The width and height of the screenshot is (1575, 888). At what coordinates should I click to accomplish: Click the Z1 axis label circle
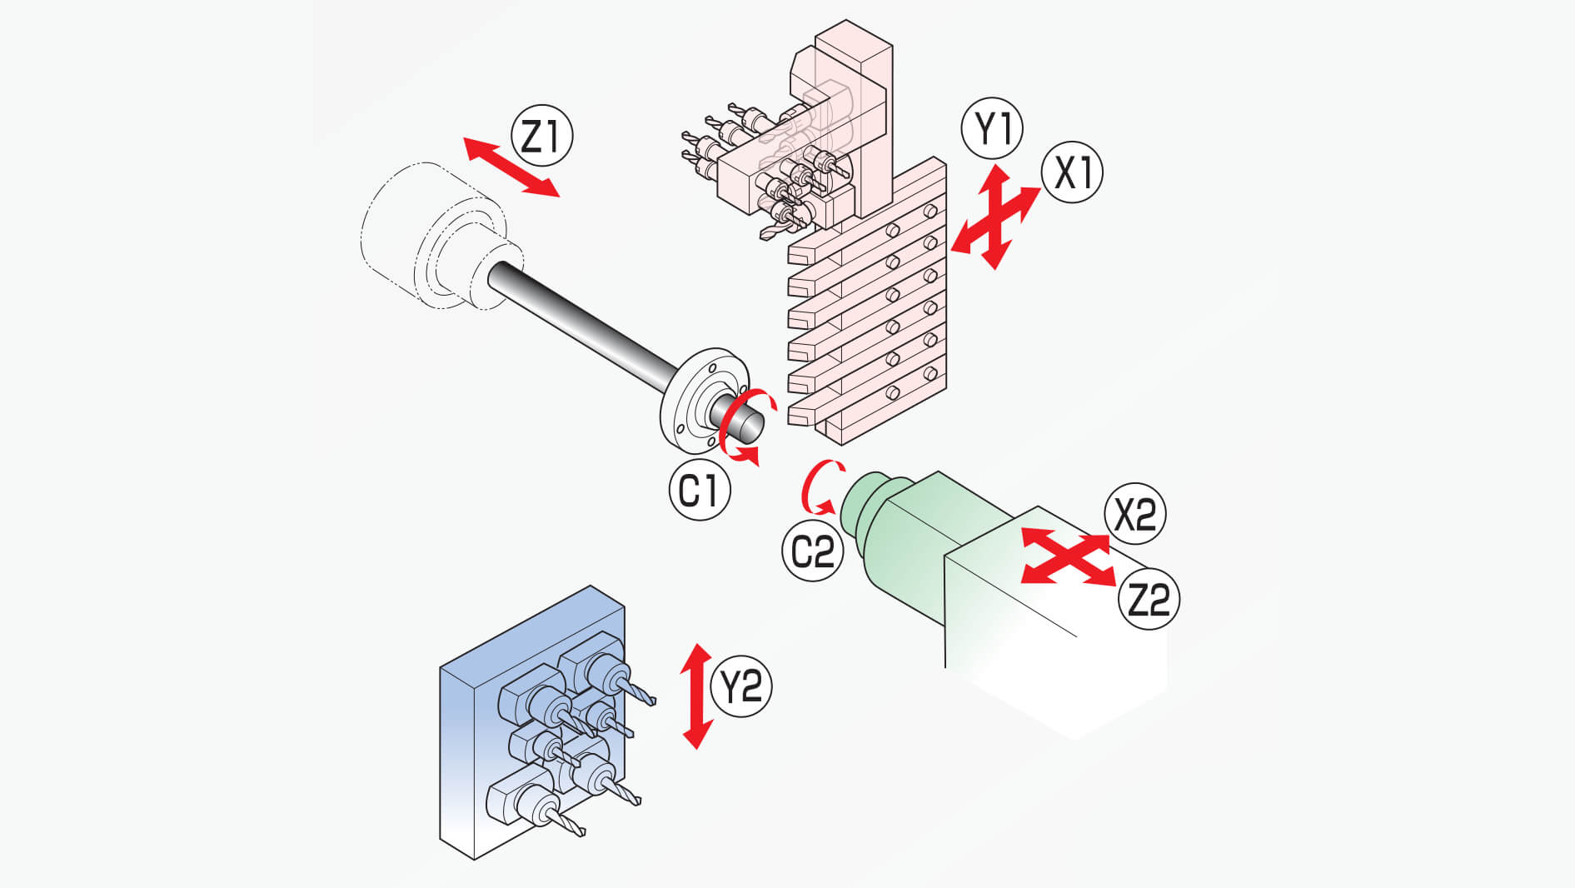point(542,135)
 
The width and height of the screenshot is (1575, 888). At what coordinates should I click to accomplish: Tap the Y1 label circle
point(992,128)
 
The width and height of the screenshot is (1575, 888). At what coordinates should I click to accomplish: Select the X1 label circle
point(1072,172)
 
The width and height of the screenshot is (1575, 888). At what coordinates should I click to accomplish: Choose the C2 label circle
point(812,551)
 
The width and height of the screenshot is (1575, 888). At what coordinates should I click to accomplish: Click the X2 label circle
point(1135,514)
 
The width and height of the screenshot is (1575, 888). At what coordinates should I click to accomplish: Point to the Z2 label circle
point(1149,598)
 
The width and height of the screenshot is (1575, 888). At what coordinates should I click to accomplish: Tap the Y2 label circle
point(740,686)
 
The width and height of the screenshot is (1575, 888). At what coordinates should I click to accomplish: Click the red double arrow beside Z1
point(511,167)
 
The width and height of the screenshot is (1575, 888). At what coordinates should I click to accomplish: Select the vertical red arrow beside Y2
point(697,696)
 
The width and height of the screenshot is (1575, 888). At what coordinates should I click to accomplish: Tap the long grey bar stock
point(583,321)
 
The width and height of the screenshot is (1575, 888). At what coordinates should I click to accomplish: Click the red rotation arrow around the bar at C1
point(745,425)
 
